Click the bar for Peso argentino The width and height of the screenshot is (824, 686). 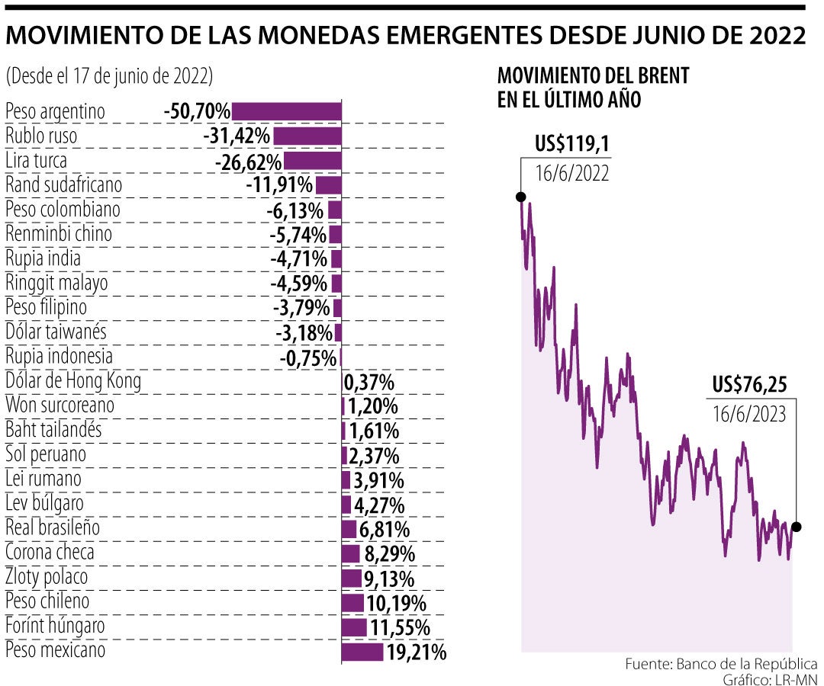(286, 112)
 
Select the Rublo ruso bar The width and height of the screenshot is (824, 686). (307, 136)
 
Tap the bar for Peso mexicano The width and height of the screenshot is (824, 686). (362, 652)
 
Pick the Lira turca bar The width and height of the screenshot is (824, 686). (312, 161)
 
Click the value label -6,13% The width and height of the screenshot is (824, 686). (295, 210)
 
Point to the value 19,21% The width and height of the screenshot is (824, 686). (417, 652)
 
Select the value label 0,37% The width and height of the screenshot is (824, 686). (369, 381)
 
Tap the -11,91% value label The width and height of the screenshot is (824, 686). (279, 185)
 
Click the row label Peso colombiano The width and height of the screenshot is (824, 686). (63, 210)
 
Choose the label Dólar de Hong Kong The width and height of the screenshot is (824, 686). (73, 380)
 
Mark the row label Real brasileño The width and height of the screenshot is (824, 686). (53, 527)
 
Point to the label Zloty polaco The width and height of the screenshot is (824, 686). (47, 577)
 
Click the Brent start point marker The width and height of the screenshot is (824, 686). (521, 196)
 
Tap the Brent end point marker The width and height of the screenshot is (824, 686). (797, 527)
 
